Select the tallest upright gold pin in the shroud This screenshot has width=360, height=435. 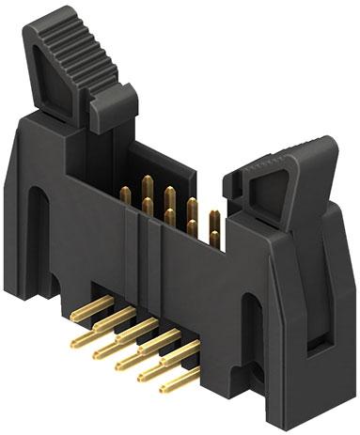(148, 183)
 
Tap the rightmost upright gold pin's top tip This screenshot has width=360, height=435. (215, 216)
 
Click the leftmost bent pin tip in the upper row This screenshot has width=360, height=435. (75, 318)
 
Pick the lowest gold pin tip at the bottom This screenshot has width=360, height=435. (166, 387)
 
